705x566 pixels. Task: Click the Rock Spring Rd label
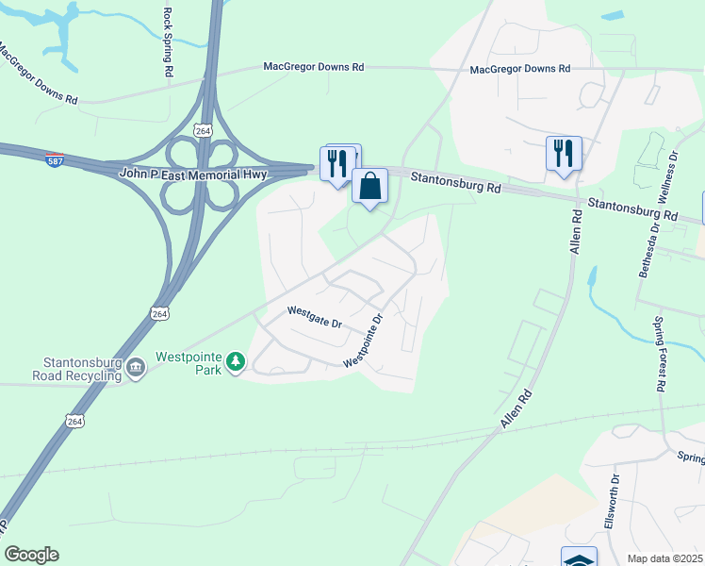click(x=168, y=42)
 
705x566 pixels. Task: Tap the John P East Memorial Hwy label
click(x=194, y=174)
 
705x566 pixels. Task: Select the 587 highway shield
click(x=56, y=160)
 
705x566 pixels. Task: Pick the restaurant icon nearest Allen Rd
click(x=564, y=154)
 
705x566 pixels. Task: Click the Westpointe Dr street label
click(x=365, y=341)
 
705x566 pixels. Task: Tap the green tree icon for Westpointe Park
click(x=235, y=361)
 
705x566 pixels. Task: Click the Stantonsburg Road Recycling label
click(x=82, y=369)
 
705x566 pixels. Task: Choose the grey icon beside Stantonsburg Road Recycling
click(x=136, y=367)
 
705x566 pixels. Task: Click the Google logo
click(x=31, y=555)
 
